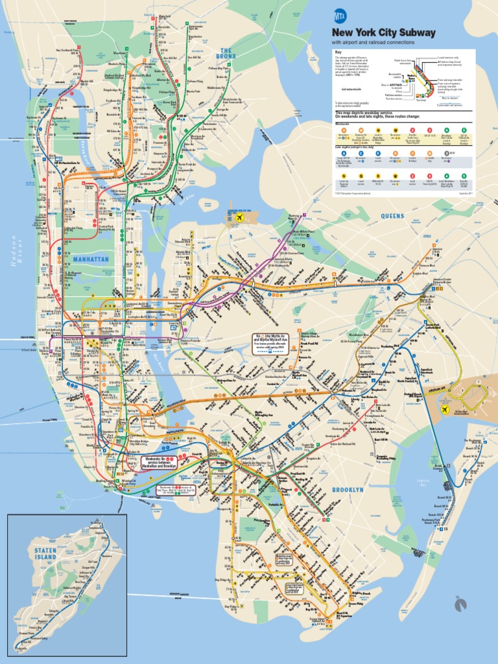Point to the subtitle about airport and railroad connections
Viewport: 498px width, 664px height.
(373, 42)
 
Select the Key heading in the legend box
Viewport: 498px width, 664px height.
(338, 53)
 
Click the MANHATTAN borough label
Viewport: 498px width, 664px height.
(91, 259)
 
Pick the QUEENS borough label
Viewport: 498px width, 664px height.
(392, 216)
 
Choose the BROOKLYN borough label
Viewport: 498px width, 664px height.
(348, 490)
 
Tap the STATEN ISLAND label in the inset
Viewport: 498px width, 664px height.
(45, 553)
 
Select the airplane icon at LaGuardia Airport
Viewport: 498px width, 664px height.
(241, 218)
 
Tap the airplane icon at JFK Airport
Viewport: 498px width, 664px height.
(445, 410)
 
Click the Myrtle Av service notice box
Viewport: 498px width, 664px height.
(269, 342)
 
